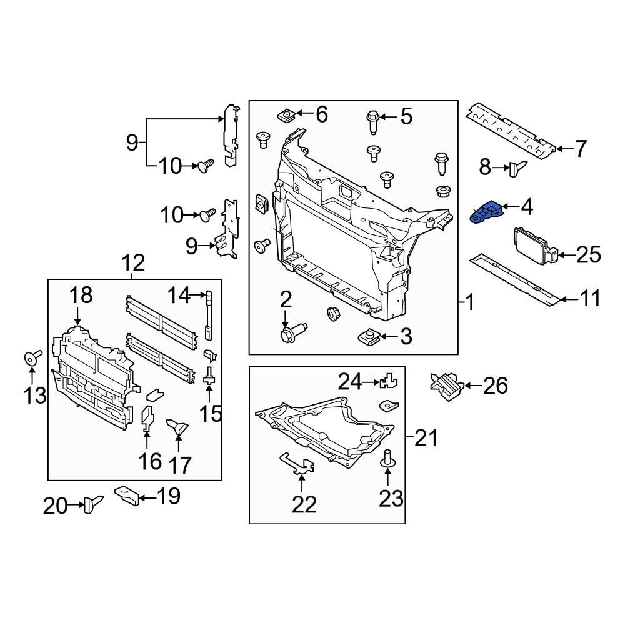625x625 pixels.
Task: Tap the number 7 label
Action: pyautogui.click(x=581, y=149)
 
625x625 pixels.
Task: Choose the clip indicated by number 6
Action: pyautogui.click(x=287, y=115)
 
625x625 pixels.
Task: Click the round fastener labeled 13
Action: pyautogui.click(x=32, y=358)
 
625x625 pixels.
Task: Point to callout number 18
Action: pyautogui.click(x=80, y=296)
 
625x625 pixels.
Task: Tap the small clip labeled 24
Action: pyautogui.click(x=390, y=381)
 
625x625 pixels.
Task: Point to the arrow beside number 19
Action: pyautogui.click(x=146, y=498)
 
